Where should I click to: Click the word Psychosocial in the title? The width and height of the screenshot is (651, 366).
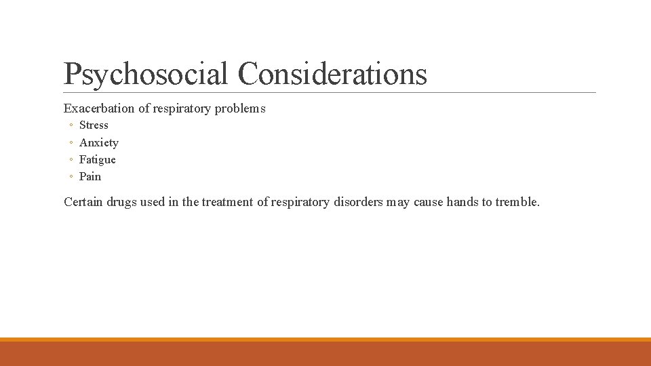146,74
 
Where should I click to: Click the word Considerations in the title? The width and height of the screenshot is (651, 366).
333,74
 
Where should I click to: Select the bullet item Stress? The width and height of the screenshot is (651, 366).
94,125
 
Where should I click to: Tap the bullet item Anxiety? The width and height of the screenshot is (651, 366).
98,142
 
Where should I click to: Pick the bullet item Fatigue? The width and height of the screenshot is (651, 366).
97,159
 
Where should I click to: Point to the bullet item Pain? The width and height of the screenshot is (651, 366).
90,176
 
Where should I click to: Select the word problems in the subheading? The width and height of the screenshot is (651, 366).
239,108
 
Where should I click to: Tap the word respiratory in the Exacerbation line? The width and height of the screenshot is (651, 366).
182,108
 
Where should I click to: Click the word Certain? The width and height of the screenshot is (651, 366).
83,202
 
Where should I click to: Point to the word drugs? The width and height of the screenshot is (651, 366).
121,202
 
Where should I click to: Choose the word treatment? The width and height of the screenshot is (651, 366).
226,202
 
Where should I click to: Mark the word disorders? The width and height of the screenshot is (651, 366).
358,202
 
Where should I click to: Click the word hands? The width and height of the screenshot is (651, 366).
462,202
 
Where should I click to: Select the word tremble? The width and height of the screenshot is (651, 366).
517,202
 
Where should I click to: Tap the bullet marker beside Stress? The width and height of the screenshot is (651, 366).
71,125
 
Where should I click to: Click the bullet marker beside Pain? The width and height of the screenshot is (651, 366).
71,177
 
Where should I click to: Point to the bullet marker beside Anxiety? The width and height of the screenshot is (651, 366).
71,143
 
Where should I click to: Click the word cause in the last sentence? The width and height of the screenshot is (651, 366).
428,202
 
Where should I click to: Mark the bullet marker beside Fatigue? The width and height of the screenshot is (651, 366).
71,160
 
